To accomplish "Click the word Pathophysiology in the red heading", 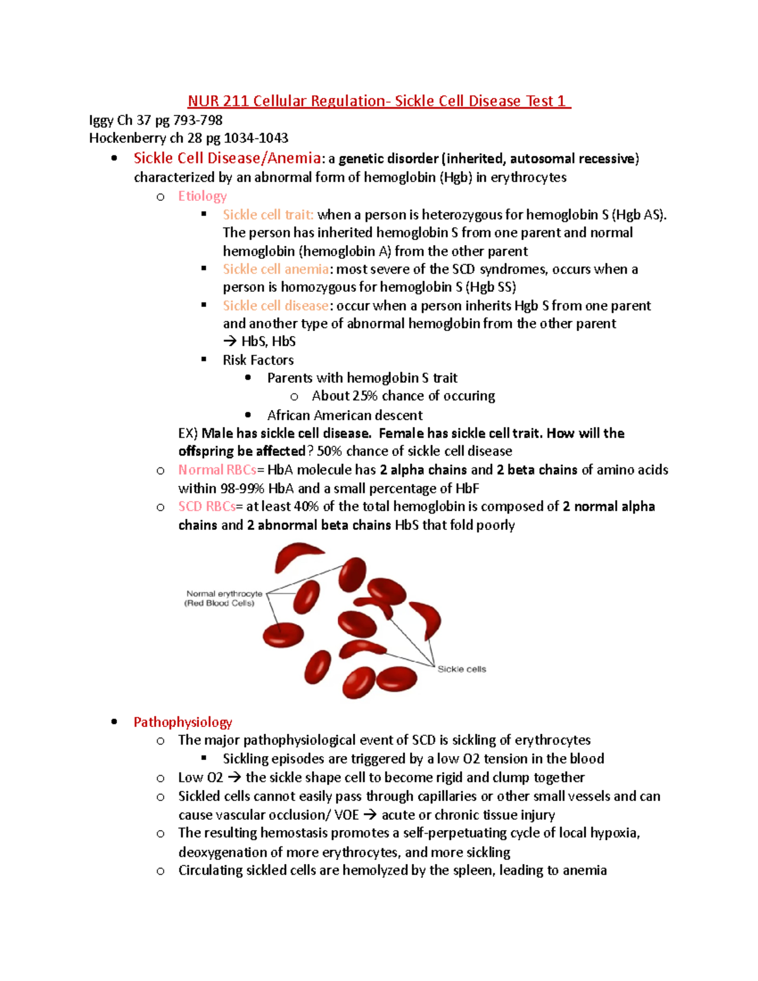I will (183, 722).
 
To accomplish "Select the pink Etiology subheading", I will (202, 196).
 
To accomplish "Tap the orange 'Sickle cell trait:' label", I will (268, 215).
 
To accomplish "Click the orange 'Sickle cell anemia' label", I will (275, 269).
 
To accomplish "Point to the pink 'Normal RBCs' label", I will (217, 470).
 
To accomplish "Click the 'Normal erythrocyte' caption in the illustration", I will (224, 594).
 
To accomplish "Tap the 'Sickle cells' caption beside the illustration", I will (462, 669).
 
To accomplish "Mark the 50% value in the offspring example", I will (329, 451).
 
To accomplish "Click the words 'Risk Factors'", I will (258, 360).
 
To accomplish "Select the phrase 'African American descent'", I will (345, 415).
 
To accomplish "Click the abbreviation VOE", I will (346, 815).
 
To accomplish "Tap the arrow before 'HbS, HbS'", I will (230, 342).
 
